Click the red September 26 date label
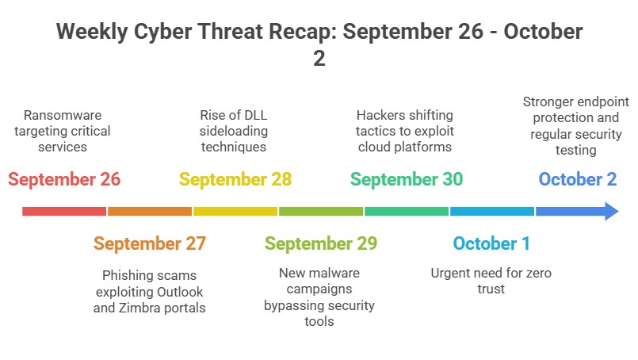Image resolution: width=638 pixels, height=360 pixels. point(64,179)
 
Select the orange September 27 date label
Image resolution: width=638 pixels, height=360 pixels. point(150,243)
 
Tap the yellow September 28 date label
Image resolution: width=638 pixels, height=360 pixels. point(235,179)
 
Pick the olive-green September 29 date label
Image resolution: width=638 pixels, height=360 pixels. point(321,243)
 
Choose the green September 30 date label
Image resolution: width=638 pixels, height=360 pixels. point(407,179)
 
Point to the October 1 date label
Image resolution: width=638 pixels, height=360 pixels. point(491,243)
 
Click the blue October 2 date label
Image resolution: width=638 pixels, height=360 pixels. point(578,179)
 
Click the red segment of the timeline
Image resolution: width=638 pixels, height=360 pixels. point(64,211)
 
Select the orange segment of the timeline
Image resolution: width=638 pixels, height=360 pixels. point(150,211)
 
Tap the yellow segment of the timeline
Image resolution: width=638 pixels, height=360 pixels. point(235,211)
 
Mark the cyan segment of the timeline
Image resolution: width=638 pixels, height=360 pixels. point(491,211)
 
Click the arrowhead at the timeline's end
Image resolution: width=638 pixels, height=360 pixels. point(609,211)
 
